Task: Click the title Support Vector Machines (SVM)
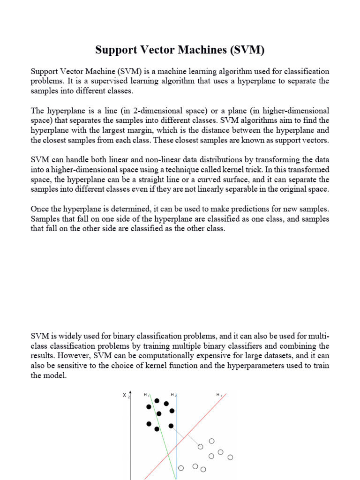[180, 50]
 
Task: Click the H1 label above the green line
[146, 395]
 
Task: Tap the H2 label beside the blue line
[173, 395]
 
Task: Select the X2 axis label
[125, 396]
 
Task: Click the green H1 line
[162, 436]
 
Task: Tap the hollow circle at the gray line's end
[201, 447]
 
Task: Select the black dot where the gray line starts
[171, 426]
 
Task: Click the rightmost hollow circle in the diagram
[230, 457]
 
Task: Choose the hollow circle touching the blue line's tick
[181, 467]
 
